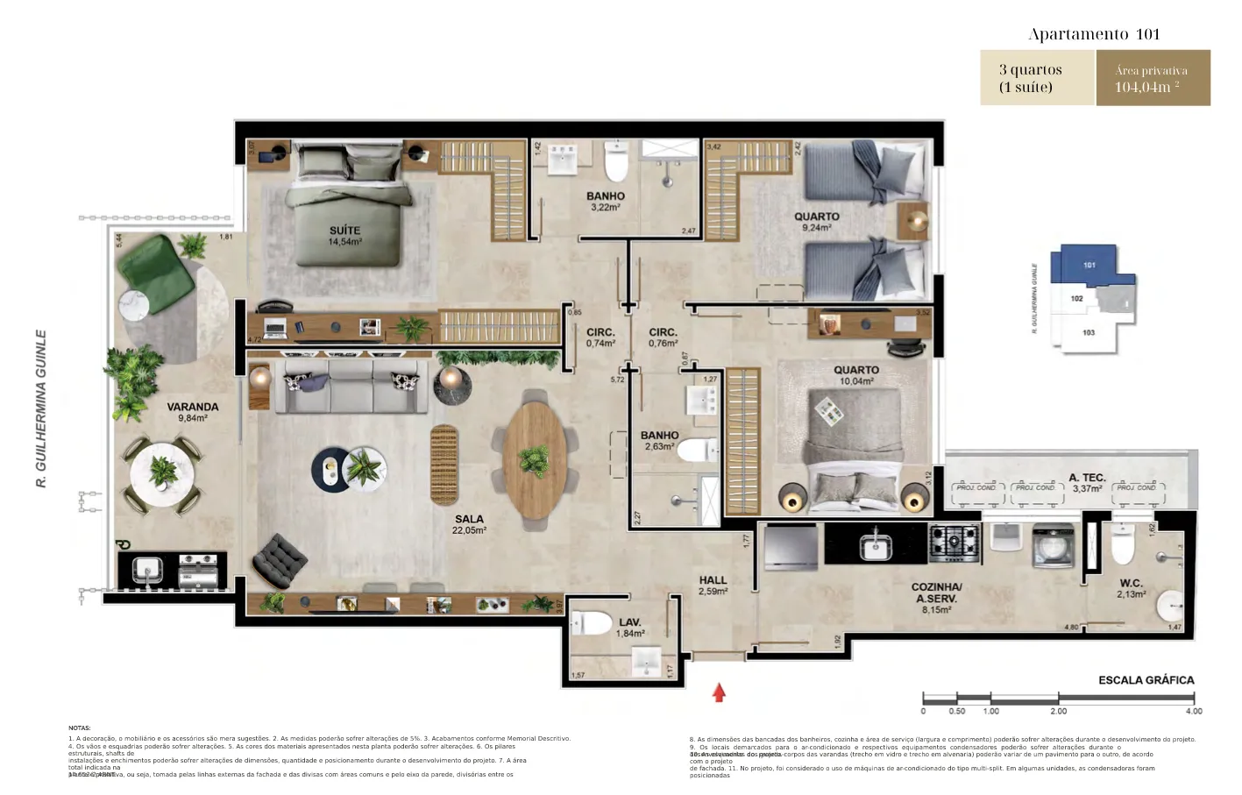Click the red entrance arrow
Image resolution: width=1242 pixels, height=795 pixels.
[719, 692]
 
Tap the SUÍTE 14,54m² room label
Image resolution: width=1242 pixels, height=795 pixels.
[344, 235]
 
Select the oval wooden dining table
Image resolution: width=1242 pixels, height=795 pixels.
[535, 458]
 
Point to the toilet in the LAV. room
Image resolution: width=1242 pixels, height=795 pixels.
[592, 624]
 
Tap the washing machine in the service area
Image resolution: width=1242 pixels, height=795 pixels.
[1053, 543]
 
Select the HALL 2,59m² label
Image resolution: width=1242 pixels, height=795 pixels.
[713, 586]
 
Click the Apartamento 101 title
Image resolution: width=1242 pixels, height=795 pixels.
[1094, 34]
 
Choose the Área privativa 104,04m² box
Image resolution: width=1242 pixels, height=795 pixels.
[1153, 78]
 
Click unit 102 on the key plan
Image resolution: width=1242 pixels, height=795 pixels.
[1077, 299]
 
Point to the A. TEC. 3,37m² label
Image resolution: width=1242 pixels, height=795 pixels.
[1087, 483]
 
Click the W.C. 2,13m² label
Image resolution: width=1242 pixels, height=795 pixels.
[1131, 588]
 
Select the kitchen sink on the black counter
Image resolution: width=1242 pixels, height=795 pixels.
[875, 546]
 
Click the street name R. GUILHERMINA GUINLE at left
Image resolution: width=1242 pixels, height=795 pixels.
[41, 408]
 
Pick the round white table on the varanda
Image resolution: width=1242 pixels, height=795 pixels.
[163, 474]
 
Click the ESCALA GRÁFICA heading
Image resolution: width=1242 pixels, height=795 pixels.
[1146, 680]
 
